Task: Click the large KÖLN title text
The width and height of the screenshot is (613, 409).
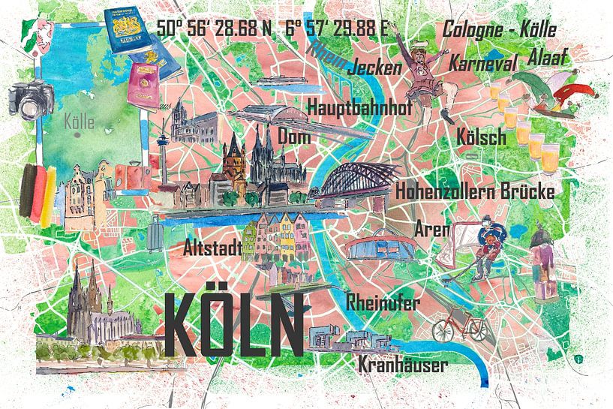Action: click(233, 323)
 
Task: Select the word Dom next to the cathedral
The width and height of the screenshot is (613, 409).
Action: click(295, 137)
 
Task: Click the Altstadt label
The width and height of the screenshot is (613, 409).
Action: click(213, 247)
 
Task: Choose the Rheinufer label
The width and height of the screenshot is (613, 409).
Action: click(383, 302)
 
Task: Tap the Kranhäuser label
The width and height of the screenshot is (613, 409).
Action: click(403, 365)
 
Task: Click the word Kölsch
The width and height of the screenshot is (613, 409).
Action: click(481, 137)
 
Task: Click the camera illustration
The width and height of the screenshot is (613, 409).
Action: click(30, 99)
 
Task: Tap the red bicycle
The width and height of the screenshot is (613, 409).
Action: click(459, 326)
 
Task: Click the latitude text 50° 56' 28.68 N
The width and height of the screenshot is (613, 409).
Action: click(214, 29)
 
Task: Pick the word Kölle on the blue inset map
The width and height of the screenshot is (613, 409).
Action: click(80, 121)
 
